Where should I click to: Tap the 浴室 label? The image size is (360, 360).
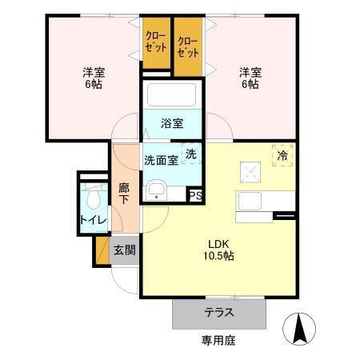pos(171,123)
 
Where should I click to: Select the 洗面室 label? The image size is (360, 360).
pos(161,159)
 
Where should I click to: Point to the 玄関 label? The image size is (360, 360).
pos(124,250)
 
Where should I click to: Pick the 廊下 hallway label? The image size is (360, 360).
pos(124,194)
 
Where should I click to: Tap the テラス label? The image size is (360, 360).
pos(218,312)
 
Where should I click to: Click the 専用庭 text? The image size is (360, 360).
pos(218,341)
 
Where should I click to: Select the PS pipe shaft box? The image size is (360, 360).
pos(195,194)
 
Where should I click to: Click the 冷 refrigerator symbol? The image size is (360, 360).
pos(282,155)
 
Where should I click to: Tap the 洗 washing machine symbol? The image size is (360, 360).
pos(192,153)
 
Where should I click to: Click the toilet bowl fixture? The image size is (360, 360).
pos(94,197)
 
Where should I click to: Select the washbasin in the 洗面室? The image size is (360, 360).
pos(157,190)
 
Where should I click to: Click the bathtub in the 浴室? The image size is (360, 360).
pos(171,95)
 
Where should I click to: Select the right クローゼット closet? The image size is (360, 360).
pos(188,46)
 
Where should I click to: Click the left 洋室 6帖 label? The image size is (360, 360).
pos(94,78)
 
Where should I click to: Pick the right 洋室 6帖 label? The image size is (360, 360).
pos(249,78)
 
